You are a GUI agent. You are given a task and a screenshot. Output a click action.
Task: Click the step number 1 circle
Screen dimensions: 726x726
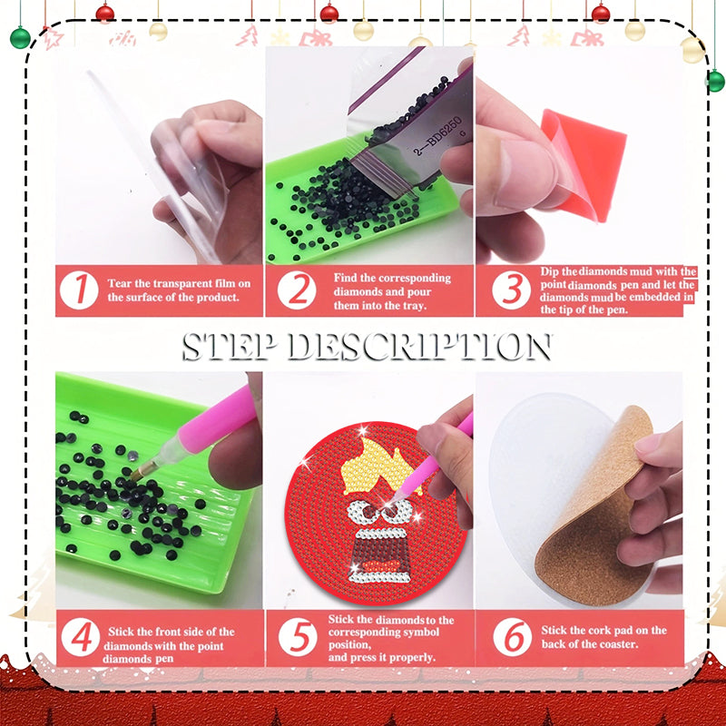tap(82, 290)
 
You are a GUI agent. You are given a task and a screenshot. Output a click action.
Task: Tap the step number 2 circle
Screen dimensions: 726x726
tap(296, 290)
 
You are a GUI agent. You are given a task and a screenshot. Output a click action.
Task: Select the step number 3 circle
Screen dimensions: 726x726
tap(512, 291)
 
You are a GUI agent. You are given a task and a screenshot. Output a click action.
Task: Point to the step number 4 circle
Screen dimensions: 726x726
tap(82, 638)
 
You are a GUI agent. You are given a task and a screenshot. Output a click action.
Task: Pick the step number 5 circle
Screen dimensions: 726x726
tap(296, 638)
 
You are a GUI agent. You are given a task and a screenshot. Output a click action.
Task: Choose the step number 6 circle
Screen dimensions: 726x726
tap(512, 638)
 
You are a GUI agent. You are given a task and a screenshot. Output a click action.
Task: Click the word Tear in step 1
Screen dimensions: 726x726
tap(123, 283)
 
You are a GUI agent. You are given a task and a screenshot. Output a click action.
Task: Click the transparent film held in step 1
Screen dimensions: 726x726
tap(172, 163)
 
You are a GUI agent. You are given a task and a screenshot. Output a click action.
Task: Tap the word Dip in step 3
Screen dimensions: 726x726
tap(551, 271)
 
